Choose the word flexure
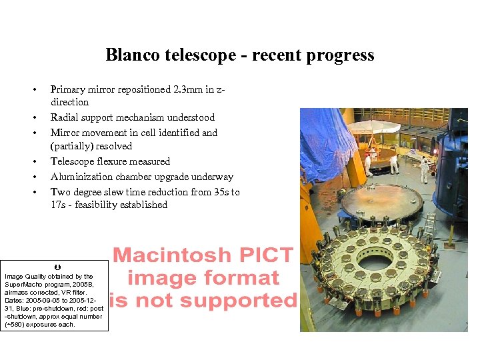[114, 161]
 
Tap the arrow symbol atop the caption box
[57, 267]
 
